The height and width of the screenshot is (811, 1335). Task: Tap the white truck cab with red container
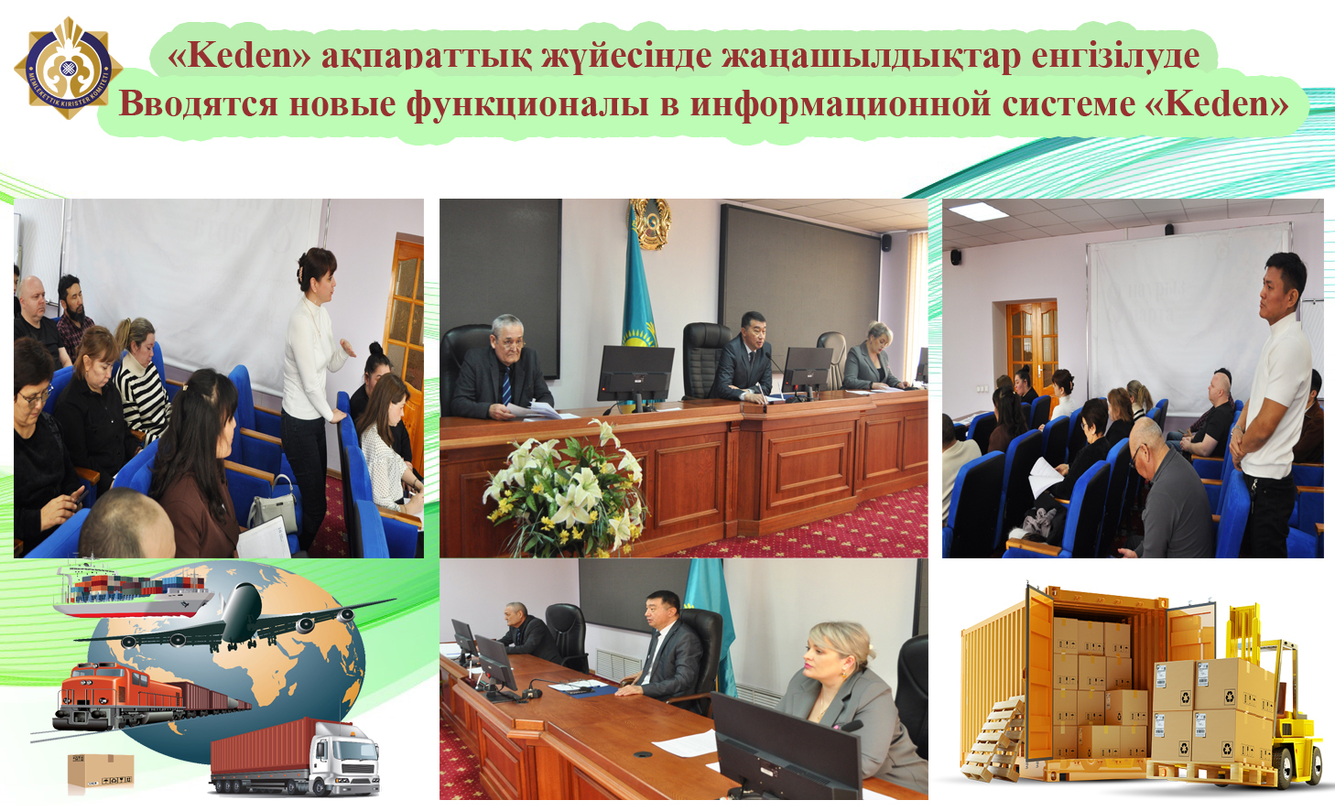pyautogui.click(x=343, y=759)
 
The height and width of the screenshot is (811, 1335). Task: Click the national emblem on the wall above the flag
pyautogui.click(x=649, y=224)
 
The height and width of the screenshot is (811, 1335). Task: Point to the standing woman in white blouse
pyautogui.click(x=312, y=384)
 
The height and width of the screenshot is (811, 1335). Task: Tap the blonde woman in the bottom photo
pyautogui.click(x=838, y=696)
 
